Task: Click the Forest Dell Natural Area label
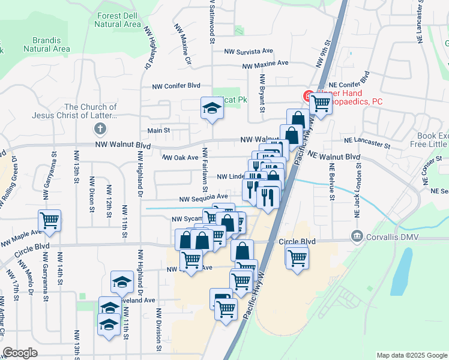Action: coord(117,20)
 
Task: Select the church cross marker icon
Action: coord(100,128)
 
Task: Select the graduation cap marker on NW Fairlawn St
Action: coord(211,108)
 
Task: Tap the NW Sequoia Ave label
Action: coord(204,196)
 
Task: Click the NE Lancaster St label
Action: coord(367,143)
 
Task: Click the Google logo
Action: coord(20,353)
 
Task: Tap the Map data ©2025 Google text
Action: coord(411,355)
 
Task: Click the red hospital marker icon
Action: coord(307,95)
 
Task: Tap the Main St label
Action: coord(159,130)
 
